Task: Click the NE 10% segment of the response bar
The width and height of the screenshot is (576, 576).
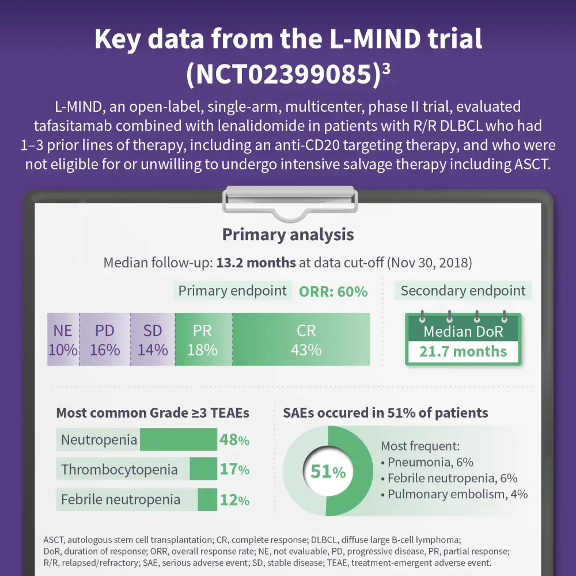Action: [x=63, y=339]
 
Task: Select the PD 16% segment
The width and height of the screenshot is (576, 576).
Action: [x=104, y=339]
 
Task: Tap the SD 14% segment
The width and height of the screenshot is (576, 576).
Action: [x=153, y=339]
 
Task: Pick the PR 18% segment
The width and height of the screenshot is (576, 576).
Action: [x=203, y=339]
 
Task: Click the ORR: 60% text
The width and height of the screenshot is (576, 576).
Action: [x=333, y=291]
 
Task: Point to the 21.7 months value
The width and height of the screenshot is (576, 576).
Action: [x=463, y=351]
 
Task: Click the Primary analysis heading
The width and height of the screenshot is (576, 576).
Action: [x=288, y=234]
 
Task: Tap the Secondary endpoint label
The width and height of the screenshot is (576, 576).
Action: [x=463, y=291]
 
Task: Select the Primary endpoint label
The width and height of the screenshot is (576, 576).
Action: [x=232, y=291]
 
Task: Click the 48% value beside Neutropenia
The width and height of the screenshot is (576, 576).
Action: [x=234, y=440]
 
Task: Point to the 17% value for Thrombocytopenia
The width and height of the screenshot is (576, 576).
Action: [x=234, y=469]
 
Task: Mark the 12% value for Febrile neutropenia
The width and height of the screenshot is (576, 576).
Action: [x=234, y=499]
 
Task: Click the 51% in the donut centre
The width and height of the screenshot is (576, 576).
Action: [x=328, y=472]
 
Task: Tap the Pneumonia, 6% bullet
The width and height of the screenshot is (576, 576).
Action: [x=427, y=462]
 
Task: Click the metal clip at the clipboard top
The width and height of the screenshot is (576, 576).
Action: [x=288, y=202]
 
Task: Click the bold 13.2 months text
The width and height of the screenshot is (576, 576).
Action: [x=256, y=263]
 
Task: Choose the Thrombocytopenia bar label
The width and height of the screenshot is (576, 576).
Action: [x=119, y=469]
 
